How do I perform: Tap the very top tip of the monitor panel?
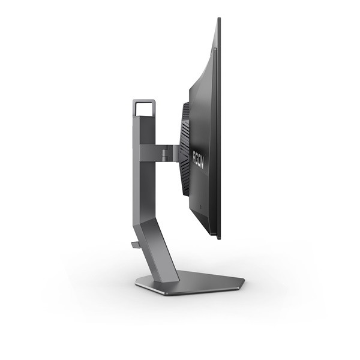coord(217,19)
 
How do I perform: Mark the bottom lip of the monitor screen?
coord(214,238)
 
